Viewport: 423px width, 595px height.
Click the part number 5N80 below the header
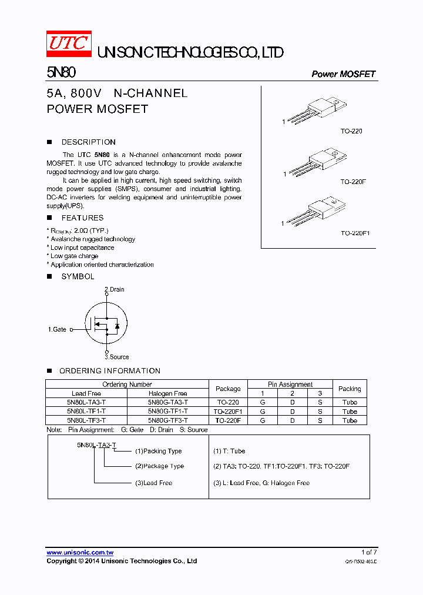pyautogui.click(x=61, y=73)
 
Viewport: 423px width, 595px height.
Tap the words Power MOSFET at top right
pyautogui.click(x=343, y=74)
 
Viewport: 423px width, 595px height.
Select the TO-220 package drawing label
pyautogui.click(x=351, y=131)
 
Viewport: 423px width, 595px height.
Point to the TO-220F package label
pyautogui.click(x=353, y=182)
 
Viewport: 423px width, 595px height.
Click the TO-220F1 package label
pyautogui.click(x=355, y=233)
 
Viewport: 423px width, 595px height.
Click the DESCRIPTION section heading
pyautogui.click(x=88, y=142)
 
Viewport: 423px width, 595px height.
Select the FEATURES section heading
pyautogui.click(x=82, y=218)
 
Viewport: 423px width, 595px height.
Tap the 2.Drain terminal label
pyautogui.click(x=115, y=289)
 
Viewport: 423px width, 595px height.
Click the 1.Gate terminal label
pyautogui.click(x=57, y=330)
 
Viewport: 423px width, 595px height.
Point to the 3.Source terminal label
pyautogui.click(x=116, y=357)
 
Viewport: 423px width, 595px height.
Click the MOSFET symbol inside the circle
pyautogui.click(x=107, y=323)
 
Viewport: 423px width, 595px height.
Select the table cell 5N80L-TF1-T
pyautogui.click(x=86, y=412)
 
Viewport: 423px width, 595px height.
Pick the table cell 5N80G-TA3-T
pyautogui.click(x=168, y=403)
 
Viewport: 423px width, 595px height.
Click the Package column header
pyautogui.click(x=228, y=389)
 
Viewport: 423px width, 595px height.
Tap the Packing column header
pyautogui.click(x=350, y=389)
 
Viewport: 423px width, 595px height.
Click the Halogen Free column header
pyautogui.click(x=168, y=393)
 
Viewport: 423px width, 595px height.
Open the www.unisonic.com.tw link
pyautogui.click(x=80, y=553)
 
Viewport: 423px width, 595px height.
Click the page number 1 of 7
pyautogui.click(x=368, y=552)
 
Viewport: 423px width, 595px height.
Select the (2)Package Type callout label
pyautogui.click(x=159, y=466)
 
